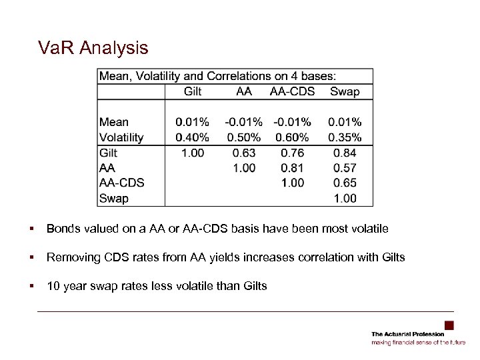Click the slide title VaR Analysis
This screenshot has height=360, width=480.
(93, 48)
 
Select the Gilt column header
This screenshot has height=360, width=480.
(193, 91)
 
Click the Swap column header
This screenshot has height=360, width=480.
(344, 91)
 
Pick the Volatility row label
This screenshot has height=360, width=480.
(121, 137)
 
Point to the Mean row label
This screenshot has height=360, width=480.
(114, 122)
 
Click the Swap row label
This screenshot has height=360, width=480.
(113, 198)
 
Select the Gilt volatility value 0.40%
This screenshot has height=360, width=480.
(192, 137)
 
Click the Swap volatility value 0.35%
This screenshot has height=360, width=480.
(345, 137)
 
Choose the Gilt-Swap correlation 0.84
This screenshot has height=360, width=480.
(345, 153)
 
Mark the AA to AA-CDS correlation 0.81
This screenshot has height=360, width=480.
(292, 168)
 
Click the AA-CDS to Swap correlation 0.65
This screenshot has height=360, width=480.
(345, 183)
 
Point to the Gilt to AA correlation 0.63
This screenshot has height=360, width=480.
(244, 153)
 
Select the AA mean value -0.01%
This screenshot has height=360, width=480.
(243, 122)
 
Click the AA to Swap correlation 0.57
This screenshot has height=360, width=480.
(345, 168)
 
